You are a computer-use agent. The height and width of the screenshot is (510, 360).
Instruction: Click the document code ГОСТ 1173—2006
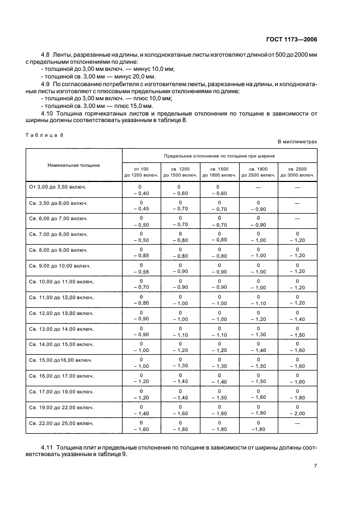click(x=292, y=39)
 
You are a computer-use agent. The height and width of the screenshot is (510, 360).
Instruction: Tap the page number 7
click(x=315, y=466)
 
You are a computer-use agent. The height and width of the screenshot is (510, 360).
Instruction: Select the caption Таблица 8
click(x=43, y=135)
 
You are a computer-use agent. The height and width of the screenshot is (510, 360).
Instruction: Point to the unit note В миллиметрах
click(x=297, y=142)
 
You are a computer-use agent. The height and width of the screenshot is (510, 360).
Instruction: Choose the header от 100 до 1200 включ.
click(x=141, y=172)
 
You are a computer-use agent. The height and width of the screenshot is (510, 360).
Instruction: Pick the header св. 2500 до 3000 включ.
click(x=297, y=172)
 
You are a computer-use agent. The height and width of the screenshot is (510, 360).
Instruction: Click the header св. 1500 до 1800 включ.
click(x=219, y=172)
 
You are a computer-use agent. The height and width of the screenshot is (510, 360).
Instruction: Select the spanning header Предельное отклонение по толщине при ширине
click(x=219, y=155)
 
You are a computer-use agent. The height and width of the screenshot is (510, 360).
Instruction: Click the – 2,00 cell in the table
click(x=297, y=414)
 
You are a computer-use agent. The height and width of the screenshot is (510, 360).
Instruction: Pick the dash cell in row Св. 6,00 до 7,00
click(x=297, y=218)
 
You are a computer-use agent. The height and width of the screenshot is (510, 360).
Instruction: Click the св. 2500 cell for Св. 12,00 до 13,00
click(x=297, y=316)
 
